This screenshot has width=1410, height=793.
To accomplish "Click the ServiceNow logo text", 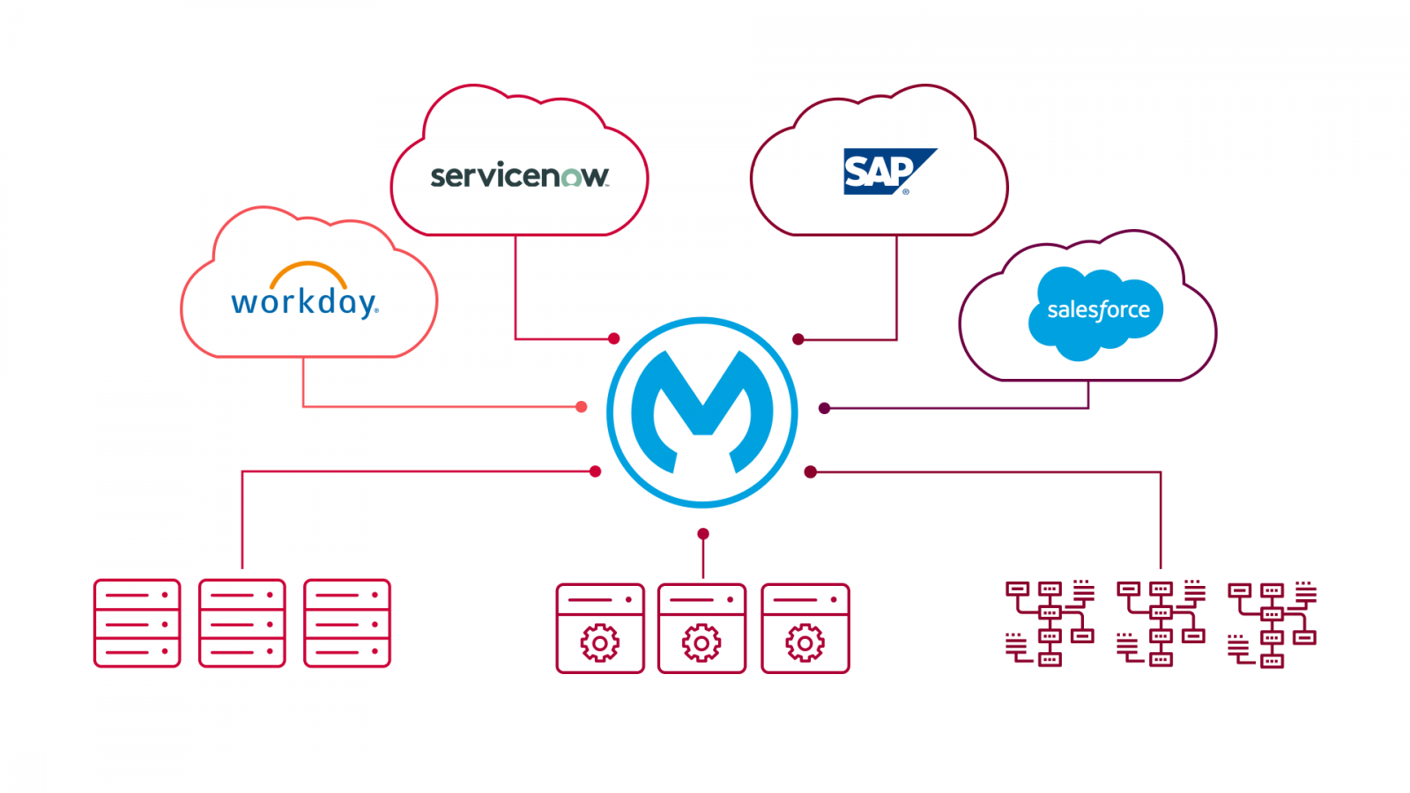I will coord(519,176).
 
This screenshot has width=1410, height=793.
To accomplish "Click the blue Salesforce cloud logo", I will coord(1096,310).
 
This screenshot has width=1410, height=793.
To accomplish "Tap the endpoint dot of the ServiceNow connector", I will coord(614,338).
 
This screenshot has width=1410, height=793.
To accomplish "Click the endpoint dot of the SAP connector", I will coord(798,339).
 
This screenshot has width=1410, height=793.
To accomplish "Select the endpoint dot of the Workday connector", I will coord(581,406).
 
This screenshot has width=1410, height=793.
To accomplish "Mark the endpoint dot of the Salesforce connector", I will coord(824,408).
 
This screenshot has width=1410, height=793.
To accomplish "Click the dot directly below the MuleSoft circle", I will coord(703,534).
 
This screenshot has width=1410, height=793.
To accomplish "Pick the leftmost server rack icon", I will coord(137,623).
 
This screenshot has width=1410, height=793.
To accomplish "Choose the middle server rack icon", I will coord(242,623).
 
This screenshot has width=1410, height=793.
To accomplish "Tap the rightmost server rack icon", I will coord(347,623).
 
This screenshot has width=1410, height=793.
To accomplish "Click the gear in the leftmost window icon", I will coord(600,643).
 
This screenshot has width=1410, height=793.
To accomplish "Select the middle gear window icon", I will coord(702,628).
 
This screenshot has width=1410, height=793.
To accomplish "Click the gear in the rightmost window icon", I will coord(805,643).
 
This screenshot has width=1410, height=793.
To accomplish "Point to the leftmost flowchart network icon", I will coord(1050,623).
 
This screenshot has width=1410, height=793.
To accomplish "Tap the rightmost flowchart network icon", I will coord(1272,624).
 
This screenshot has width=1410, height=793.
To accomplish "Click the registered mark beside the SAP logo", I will coord(906,191).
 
